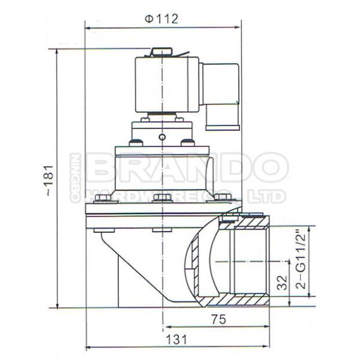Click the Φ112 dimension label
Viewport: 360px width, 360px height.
[x=161, y=19]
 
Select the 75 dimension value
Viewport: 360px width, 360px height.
[x=218, y=319]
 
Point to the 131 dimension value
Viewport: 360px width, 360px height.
[x=176, y=340]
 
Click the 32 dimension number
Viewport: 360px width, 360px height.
[x=282, y=283]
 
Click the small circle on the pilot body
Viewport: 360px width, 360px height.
[x=162, y=137]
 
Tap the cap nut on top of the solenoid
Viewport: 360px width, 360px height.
[x=161, y=52]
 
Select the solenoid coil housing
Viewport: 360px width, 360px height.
[x=167, y=85]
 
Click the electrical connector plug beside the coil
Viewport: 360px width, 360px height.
[x=221, y=97]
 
